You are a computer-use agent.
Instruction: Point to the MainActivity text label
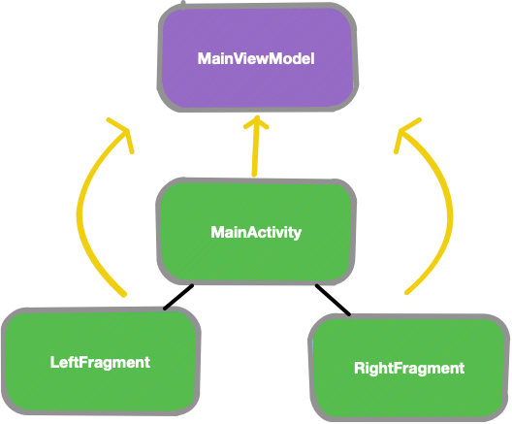pos(256,233)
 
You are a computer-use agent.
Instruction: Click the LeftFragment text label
pos(100,363)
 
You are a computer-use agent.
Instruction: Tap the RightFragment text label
pos(409,369)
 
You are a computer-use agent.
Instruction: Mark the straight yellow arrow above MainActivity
pos(256,150)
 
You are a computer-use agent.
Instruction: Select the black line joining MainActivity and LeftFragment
pos(178,297)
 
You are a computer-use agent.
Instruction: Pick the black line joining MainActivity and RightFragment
pos(333,299)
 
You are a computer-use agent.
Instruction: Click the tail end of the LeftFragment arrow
pos(124,293)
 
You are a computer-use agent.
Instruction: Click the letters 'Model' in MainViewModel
pos(295,59)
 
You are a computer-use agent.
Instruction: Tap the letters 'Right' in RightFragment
pos(373,369)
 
